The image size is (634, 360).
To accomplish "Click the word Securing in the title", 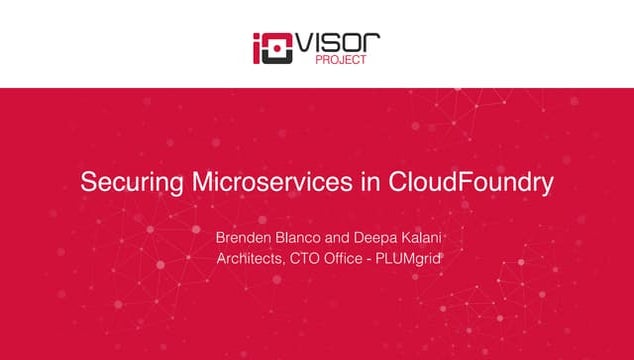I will click(123, 183).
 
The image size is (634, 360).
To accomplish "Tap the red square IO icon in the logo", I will click(273, 48).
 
